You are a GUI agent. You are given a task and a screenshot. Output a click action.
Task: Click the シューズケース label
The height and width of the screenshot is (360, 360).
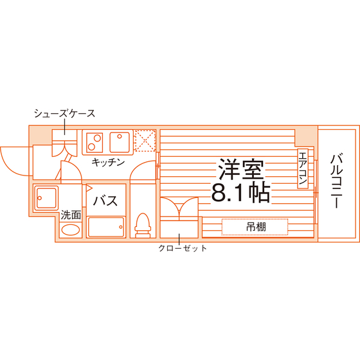point(64,113)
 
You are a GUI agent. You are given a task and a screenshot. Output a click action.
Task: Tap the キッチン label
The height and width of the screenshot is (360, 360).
point(108,162)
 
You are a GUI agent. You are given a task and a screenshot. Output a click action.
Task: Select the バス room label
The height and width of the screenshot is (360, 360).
point(105,201)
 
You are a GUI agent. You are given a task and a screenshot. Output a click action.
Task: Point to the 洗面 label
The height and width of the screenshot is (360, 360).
point(71,215)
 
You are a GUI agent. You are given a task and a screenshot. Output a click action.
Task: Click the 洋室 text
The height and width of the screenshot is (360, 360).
point(241,168)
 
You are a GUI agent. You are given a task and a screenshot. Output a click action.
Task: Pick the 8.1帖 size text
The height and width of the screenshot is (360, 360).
point(240,192)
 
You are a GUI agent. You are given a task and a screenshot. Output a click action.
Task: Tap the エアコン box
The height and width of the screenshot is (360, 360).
point(303,168)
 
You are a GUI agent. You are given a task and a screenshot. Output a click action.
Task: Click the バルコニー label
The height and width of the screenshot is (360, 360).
point(337,181)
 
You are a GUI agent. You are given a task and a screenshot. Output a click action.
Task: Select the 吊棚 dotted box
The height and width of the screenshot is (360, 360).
point(255,227)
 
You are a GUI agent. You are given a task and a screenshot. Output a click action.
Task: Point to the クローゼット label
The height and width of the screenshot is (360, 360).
point(183,248)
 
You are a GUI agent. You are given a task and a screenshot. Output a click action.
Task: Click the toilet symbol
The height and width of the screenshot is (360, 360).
point(143,225)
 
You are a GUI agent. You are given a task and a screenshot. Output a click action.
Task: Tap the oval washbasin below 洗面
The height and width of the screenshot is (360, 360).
point(71,230)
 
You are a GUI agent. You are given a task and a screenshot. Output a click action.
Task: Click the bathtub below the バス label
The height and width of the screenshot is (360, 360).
point(106,227)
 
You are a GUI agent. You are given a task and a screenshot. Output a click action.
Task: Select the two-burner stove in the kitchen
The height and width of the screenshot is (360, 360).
point(94,143)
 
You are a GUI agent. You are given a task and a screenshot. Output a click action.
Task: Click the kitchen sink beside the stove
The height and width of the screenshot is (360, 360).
point(120,142)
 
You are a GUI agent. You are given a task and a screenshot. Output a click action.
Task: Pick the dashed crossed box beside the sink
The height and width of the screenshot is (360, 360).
point(145,141)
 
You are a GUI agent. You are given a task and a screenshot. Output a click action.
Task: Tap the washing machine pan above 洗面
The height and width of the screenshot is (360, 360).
point(46,198)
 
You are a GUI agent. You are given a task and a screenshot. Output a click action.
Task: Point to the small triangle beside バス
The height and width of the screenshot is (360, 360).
point(89,188)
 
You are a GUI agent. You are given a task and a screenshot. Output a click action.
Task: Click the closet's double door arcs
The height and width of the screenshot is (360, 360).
point(179,207)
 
